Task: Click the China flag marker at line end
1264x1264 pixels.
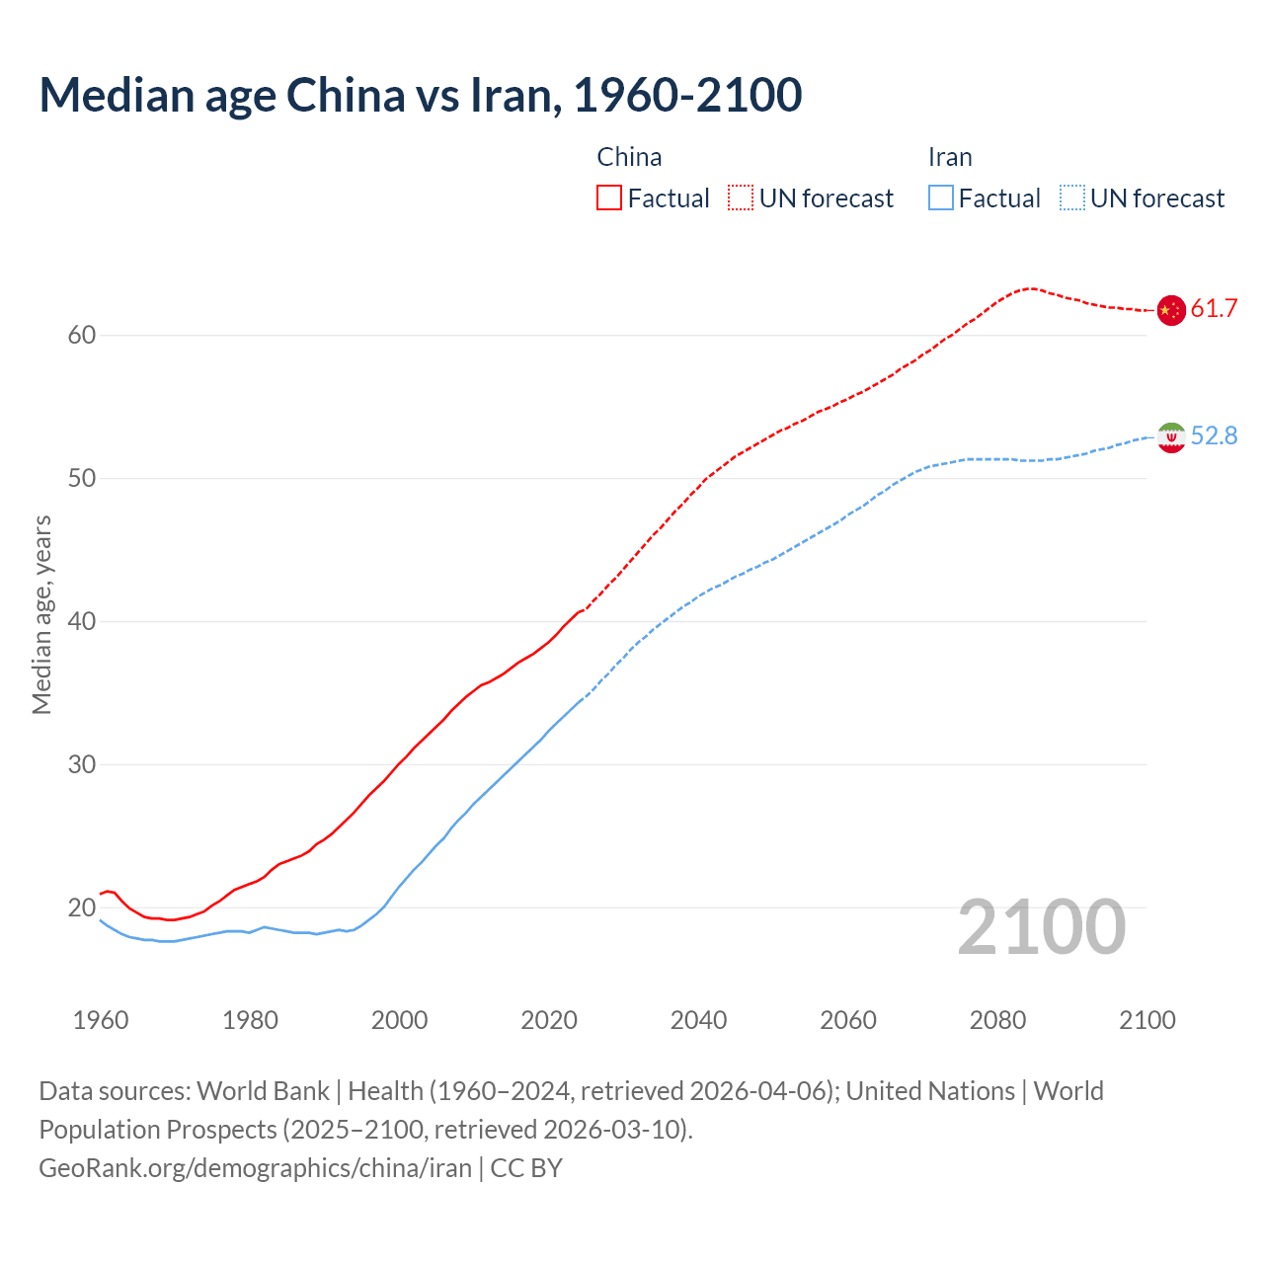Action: pos(1170,310)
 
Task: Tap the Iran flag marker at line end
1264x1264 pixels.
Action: pos(1170,436)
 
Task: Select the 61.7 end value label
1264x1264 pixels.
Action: pos(1214,309)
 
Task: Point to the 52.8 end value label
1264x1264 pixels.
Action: pos(1214,436)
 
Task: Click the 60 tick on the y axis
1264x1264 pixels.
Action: pos(82,336)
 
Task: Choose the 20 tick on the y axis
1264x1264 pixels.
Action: pos(82,908)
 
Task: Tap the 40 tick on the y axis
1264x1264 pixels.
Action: pos(82,622)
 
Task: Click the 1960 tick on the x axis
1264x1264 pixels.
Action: pos(101,1020)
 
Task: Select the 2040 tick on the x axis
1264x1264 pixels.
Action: pos(698,1020)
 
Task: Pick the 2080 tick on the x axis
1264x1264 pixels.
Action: pos(997,1020)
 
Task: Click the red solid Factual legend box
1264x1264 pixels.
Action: pos(609,198)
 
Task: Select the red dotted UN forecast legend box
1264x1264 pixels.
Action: pos(741,198)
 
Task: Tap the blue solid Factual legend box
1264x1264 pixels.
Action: pos(940,198)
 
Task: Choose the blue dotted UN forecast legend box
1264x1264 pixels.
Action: pos(1071,198)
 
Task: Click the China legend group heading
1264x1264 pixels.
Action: pos(629,158)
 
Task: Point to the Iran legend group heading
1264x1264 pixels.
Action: pos(950,158)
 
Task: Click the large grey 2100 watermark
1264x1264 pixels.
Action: pos(1042,927)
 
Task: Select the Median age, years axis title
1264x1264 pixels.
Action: pos(41,614)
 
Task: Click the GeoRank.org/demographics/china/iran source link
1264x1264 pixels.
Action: pos(255,1168)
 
